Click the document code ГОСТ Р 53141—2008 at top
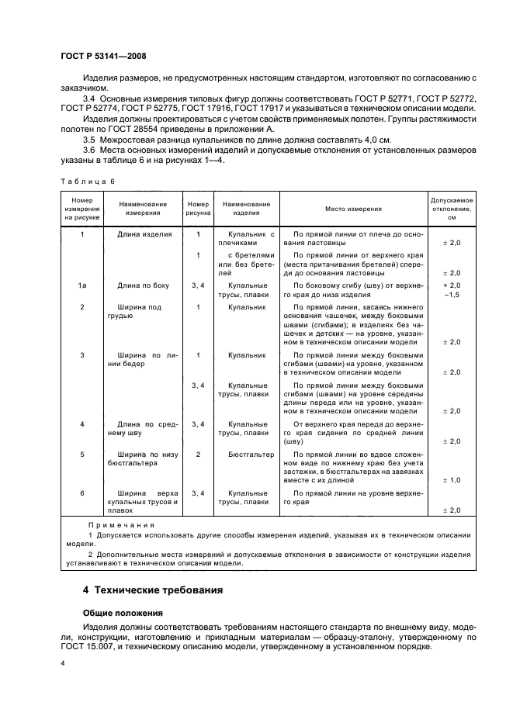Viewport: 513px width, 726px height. pyautogui.click(x=103, y=57)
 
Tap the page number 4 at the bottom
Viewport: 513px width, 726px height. pyautogui.click(x=63, y=662)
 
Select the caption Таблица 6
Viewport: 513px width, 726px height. pyautogui.click(x=87, y=181)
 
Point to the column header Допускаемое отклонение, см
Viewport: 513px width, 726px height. pyautogui.click(x=451, y=209)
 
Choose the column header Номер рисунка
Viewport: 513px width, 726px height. pyautogui.click(x=199, y=209)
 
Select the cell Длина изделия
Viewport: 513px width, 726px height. pyautogui.click(x=144, y=233)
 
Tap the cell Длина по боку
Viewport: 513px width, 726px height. pyautogui.click(x=144, y=286)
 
